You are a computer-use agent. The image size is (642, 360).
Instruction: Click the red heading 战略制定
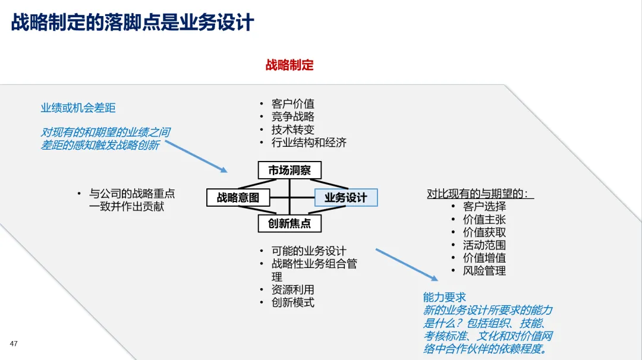(x=289, y=65)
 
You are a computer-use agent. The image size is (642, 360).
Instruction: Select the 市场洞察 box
(x=289, y=170)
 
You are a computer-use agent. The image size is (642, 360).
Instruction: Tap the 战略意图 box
(x=238, y=198)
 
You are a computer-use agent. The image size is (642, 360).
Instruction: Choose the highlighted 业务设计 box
(x=345, y=198)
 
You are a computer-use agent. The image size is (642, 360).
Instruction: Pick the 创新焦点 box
(x=289, y=223)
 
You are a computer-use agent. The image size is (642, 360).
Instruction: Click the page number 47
(x=14, y=343)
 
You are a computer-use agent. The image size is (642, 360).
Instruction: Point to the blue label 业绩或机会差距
(x=78, y=108)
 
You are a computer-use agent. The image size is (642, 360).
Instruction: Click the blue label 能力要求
(x=444, y=297)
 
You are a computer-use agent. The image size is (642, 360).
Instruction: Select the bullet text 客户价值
(x=293, y=104)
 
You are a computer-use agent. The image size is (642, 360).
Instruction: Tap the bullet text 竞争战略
(x=293, y=116)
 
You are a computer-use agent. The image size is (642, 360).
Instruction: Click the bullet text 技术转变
(x=293, y=130)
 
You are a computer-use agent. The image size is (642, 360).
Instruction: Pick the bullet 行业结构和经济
(x=309, y=143)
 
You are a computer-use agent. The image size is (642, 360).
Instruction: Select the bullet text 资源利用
(x=293, y=290)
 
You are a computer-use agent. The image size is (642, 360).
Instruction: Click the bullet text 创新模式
(x=293, y=302)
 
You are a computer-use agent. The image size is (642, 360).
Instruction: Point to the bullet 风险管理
(x=484, y=271)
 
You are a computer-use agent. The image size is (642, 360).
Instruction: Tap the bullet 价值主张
(x=484, y=219)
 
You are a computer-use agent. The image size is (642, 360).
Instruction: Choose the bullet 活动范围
(x=484, y=245)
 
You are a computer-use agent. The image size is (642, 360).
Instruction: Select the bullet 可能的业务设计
(x=309, y=251)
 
